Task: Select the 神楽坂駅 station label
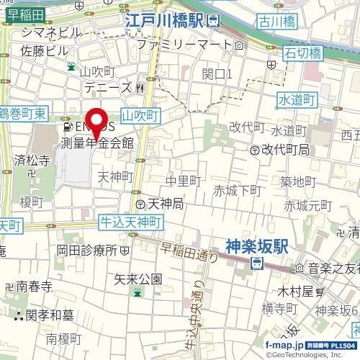(x=256, y=246)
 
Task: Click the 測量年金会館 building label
(x=97, y=143)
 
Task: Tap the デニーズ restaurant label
(x=108, y=88)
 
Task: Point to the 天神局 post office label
(x=165, y=204)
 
